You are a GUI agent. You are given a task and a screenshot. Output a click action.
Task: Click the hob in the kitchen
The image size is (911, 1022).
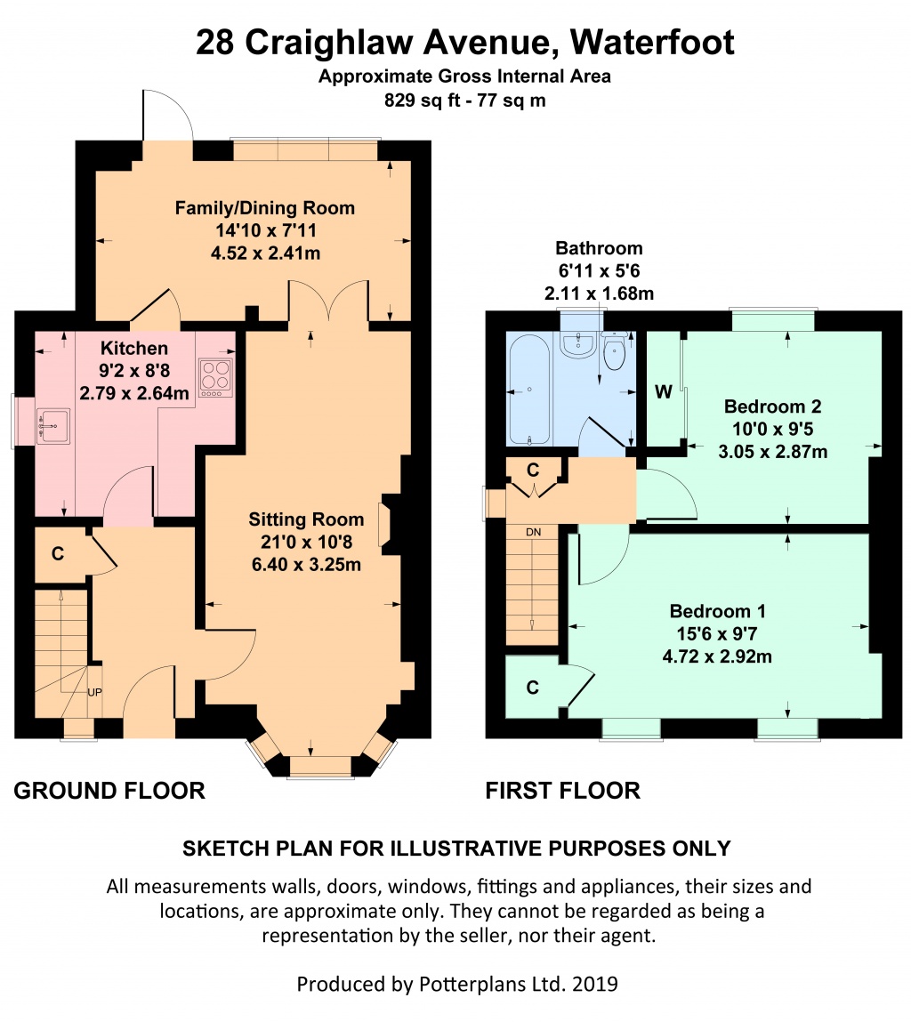pos(215,378)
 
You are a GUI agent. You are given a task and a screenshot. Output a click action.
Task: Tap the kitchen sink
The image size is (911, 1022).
pos(52,426)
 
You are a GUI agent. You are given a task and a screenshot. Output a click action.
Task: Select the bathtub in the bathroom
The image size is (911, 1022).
pos(528,390)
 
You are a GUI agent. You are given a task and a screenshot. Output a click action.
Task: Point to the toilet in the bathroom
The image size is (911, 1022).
pos(614,350)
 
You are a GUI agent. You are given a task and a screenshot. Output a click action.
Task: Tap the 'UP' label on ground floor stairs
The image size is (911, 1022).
pos(94,692)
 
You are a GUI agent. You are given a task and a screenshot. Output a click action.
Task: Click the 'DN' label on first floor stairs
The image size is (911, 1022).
pos(534,532)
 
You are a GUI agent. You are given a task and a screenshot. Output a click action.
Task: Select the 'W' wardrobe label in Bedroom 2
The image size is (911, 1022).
pos(663,391)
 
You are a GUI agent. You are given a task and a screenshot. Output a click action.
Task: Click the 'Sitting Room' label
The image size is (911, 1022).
pos(306,519)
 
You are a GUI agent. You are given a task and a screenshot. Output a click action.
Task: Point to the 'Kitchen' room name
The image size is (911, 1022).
pos(134,348)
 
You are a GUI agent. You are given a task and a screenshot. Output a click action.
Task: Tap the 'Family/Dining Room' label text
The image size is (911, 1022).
pos(265,208)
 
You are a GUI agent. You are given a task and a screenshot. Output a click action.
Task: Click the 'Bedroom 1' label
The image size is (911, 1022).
pos(717,611)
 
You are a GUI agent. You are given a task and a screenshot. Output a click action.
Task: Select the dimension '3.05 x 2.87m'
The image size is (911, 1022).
pos(773,452)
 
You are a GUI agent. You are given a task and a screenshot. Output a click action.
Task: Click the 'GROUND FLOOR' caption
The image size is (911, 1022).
pos(109,791)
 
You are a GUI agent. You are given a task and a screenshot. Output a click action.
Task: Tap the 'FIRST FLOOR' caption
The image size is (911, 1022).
pos(563,791)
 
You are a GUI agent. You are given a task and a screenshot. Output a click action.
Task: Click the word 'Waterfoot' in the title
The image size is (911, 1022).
pos(652,43)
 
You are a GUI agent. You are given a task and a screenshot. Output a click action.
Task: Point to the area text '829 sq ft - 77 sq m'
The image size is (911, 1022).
pos(465,101)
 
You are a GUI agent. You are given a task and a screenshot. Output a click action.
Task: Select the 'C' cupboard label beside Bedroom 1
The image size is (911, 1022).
pos(533,688)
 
